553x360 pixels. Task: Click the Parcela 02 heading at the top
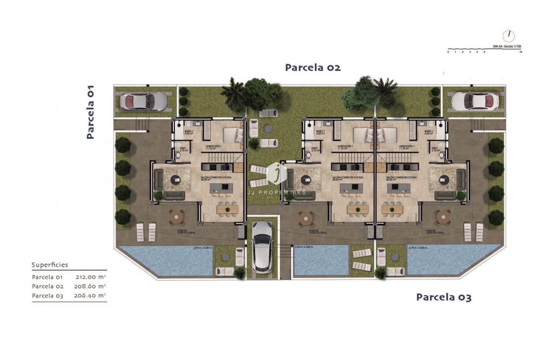[313, 67]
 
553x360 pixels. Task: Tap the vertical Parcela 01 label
[90, 112]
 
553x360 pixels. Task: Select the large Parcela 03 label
[444, 298]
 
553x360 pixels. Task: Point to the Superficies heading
[50, 265]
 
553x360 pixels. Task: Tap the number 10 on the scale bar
[520, 52]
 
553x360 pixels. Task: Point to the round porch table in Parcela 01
[176, 216]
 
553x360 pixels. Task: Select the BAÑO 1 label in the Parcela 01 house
[189, 132]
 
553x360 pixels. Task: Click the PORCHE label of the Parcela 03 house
[431, 231]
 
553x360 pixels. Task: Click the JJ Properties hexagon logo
[276, 172]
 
